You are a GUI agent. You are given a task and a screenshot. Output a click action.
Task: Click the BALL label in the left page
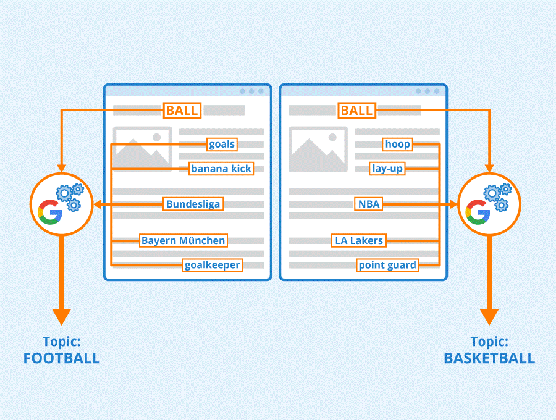coord(182,111)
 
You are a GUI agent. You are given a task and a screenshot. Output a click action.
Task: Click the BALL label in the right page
coord(357,111)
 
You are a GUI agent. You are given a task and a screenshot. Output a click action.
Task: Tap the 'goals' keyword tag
coord(222,145)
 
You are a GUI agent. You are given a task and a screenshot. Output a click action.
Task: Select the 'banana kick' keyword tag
coord(221,169)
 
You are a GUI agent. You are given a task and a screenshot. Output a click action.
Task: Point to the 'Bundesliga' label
coord(193,204)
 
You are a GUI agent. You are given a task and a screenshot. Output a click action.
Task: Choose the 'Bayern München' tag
coord(183,240)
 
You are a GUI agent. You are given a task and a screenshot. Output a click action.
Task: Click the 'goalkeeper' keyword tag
coord(213,265)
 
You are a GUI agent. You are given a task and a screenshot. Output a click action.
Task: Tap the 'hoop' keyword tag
coord(397,145)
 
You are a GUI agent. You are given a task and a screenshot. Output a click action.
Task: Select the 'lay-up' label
coord(387,168)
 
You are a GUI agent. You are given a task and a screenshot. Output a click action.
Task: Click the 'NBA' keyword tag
coord(369,204)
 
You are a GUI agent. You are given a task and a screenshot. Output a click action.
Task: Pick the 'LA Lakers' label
coord(358,240)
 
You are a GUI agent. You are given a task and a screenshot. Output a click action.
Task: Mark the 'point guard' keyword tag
coord(388,265)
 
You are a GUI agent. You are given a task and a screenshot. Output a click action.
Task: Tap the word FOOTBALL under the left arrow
coord(61,358)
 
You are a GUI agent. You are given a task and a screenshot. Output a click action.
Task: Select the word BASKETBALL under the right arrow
coord(489,358)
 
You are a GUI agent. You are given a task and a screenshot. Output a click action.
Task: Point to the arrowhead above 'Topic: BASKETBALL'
coord(489,314)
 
